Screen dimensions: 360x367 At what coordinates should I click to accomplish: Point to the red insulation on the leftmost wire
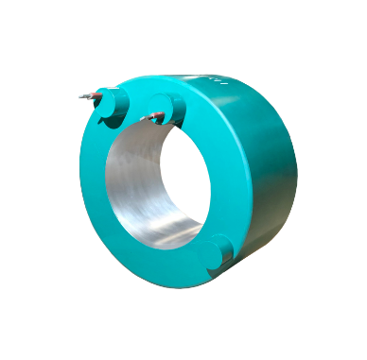[x=95, y=94]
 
